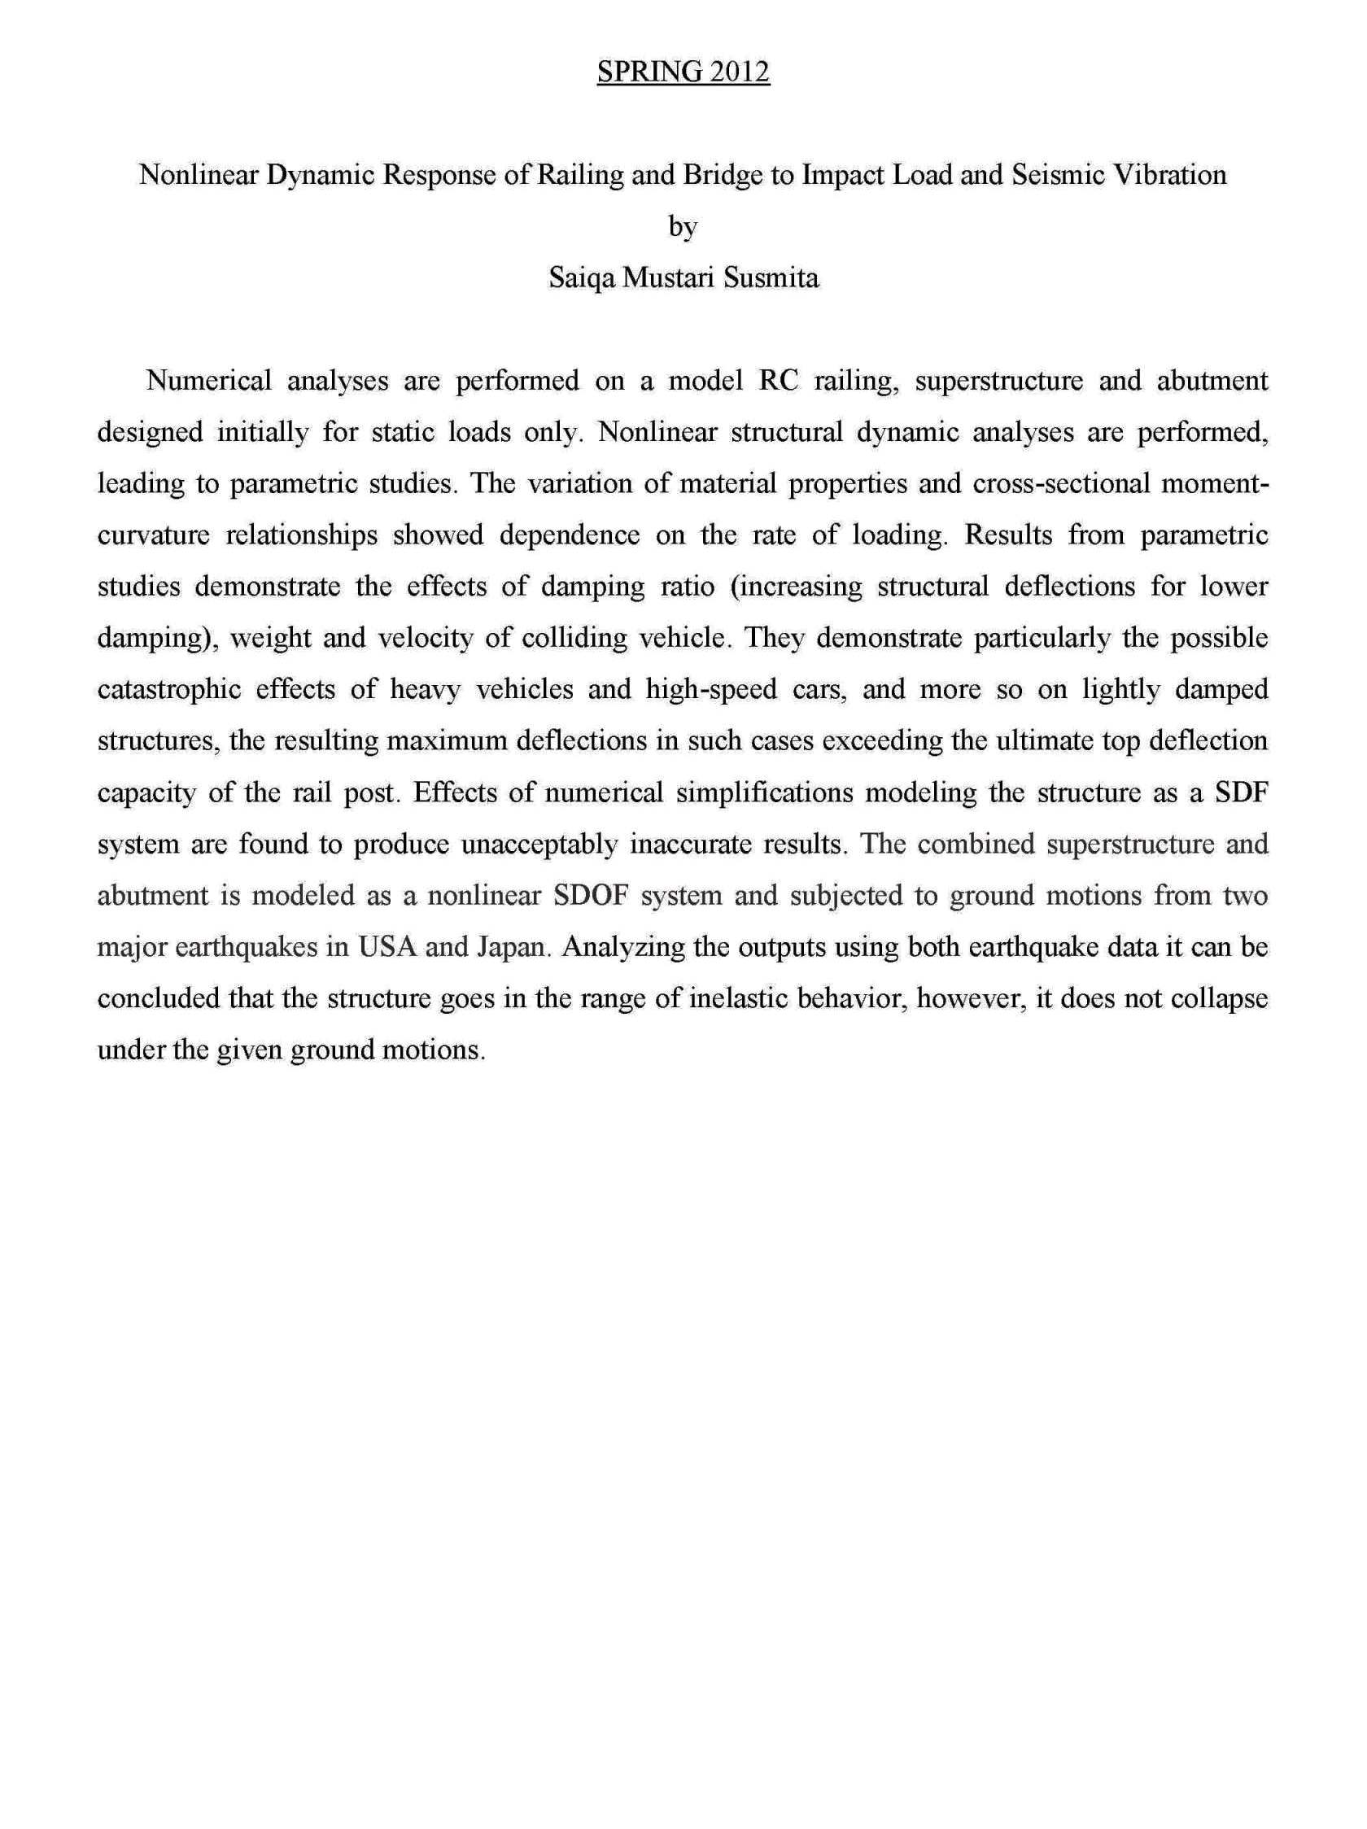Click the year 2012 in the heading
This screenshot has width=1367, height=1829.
point(737,72)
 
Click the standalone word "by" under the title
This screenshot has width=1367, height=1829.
point(683,226)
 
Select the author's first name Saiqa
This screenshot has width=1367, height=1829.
point(581,277)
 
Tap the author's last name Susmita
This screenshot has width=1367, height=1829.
point(771,277)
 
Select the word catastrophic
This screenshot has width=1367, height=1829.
point(169,689)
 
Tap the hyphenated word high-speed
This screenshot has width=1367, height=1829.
point(710,689)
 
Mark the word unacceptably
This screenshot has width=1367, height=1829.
point(539,845)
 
